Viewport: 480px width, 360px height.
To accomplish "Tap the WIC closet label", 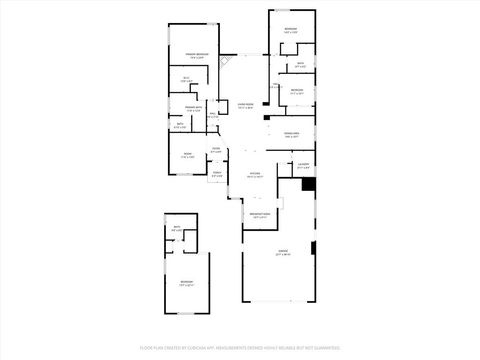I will [186, 80].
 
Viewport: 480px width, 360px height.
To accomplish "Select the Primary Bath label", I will [187, 108].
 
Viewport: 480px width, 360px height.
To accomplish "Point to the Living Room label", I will [245, 104].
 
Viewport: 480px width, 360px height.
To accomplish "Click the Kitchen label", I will [255, 174].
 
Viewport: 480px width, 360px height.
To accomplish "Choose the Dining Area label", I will [291, 135].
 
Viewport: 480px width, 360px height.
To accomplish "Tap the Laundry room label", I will [303, 166].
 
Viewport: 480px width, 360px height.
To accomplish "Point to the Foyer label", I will [216, 151].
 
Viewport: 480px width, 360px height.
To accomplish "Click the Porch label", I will [215, 173].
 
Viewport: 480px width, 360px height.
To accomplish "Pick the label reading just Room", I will [187, 156].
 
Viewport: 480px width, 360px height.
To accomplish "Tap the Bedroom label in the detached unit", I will [187, 284].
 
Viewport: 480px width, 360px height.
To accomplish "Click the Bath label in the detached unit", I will [176, 229].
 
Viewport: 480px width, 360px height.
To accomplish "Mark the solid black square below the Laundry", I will [309, 184].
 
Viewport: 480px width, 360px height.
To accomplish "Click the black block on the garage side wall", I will [313, 247].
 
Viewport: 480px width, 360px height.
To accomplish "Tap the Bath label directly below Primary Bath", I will [179, 127].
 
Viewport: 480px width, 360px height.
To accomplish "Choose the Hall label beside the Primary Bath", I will [212, 115].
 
